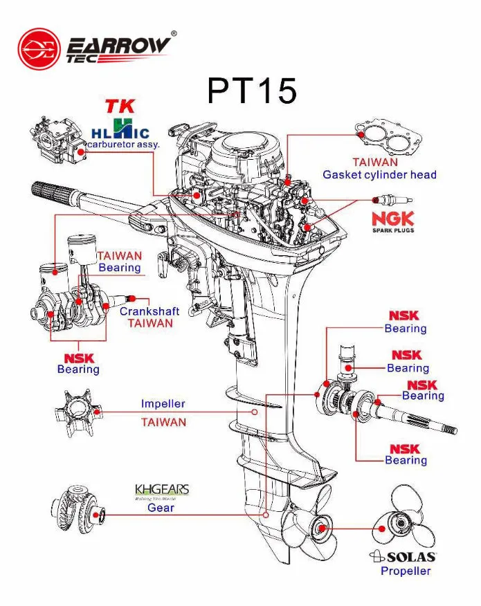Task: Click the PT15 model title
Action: point(252,91)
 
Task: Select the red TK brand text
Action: point(120,107)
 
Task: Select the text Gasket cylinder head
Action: point(379,175)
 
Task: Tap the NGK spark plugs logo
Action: point(392,221)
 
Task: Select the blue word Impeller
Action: point(163,404)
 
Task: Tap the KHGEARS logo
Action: point(161,490)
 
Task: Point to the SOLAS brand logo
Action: point(402,557)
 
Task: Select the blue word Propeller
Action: point(406,571)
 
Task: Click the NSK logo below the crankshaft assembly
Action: point(78,358)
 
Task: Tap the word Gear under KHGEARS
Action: point(161,508)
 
